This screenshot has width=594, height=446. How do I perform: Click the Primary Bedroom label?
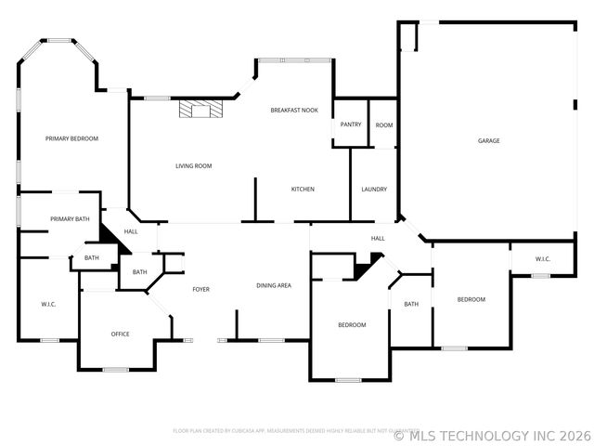(x=72, y=138)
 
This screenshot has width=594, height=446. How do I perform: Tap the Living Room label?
(x=194, y=166)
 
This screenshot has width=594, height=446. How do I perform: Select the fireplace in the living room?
(x=201, y=109)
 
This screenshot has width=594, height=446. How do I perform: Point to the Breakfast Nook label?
(x=294, y=111)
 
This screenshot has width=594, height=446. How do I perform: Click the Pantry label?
(x=351, y=125)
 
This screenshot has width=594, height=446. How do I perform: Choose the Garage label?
(x=489, y=141)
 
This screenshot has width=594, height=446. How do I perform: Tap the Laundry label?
(x=374, y=190)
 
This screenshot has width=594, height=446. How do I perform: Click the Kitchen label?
(x=303, y=190)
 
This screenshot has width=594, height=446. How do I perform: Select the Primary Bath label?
(x=70, y=219)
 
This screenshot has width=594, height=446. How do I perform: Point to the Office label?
(x=120, y=334)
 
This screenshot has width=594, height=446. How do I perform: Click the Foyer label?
(x=200, y=289)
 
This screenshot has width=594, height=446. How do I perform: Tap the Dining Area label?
(x=274, y=285)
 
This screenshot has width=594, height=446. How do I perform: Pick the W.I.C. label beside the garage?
(x=543, y=258)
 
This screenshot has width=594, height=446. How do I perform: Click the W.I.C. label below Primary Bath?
(x=48, y=304)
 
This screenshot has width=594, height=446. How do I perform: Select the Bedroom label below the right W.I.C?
(x=471, y=299)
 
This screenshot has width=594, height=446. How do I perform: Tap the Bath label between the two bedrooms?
(x=411, y=304)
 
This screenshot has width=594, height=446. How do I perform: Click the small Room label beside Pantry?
(x=384, y=125)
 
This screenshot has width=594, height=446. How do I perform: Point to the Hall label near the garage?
(x=378, y=239)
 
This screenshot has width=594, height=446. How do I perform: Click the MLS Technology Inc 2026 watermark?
(x=493, y=434)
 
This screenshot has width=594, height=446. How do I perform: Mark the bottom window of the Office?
(x=116, y=370)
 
